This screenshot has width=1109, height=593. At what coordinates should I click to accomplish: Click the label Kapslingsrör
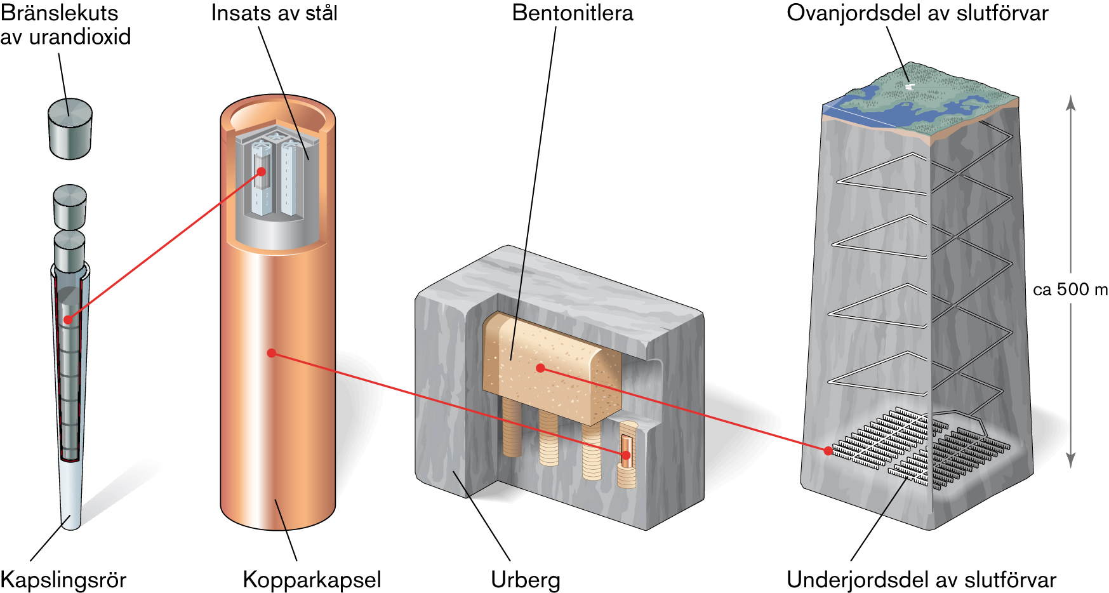(63, 580)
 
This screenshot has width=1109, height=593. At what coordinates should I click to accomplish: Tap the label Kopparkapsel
(312, 580)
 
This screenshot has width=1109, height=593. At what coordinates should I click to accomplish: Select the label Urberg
(525, 580)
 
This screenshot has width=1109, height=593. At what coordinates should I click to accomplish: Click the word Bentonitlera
(572, 13)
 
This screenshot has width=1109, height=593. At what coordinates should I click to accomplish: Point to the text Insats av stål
(274, 13)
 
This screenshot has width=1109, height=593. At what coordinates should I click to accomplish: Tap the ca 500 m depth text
(1070, 290)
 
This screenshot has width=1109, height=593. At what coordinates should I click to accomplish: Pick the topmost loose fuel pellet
(70, 128)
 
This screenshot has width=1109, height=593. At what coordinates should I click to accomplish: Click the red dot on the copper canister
(272, 353)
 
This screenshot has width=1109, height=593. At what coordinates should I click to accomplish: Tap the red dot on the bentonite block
(540, 368)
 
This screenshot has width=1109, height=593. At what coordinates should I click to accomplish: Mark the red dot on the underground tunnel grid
(828, 451)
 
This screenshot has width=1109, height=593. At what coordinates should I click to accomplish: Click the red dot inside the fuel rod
(68, 319)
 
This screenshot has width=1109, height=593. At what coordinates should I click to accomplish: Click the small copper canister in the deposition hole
(627, 451)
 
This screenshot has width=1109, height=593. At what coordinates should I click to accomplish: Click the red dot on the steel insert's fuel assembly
(261, 171)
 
